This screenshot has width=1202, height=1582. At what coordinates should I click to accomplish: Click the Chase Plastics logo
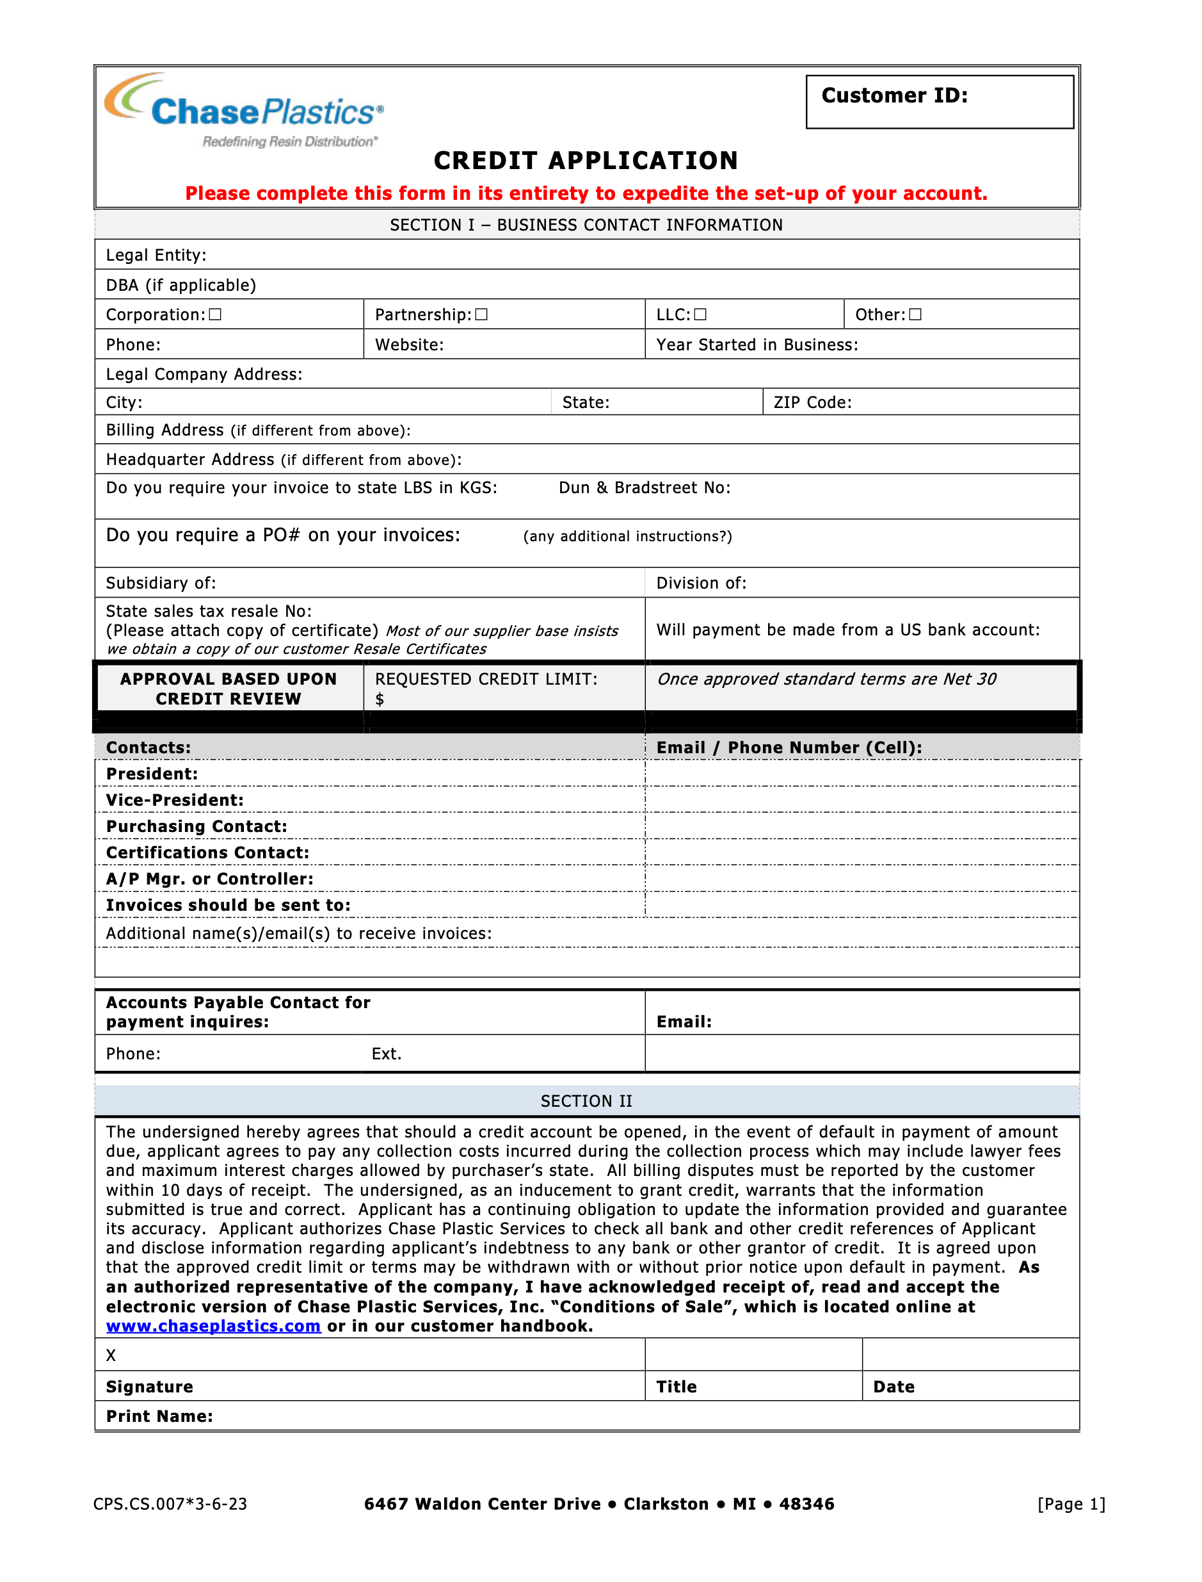tap(243, 111)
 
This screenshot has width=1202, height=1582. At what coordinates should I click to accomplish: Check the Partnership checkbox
tap(481, 315)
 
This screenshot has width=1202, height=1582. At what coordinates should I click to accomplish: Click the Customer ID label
tap(894, 96)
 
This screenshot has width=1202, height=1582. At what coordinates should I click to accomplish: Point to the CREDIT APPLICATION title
tap(586, 161)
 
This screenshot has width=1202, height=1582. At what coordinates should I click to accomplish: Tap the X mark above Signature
tap(111, 1356)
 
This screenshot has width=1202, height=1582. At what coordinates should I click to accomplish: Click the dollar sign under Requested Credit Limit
tap(380, 699)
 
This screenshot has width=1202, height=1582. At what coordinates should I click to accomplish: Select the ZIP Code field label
tap(813, 403)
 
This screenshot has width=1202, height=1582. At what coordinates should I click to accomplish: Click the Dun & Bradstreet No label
tap(645, 488)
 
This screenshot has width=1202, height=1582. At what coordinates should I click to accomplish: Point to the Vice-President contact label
tap(175, 801)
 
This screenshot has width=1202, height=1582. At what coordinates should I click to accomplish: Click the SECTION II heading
tap(586, 1102)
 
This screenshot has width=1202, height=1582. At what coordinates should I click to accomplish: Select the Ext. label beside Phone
tap(387, 1054)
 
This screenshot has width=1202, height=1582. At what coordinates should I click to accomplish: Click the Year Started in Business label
tap(757, 345)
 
